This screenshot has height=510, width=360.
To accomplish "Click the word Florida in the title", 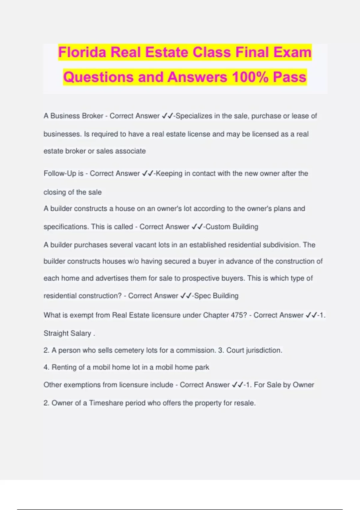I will pos(82,52).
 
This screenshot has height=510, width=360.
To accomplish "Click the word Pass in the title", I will pos(289,77).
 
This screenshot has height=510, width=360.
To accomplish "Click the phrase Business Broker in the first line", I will pos(77,116).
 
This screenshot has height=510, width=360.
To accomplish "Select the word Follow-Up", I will pos(60,173).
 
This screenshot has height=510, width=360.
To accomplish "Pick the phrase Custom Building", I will pos(232,226).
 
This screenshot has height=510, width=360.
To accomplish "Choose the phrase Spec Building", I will pos(216,296).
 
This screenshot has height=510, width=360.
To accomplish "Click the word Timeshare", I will pos(106,403).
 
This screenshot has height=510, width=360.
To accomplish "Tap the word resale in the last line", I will pos(244,403).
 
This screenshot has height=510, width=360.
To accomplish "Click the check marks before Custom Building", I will pos(197,226).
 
